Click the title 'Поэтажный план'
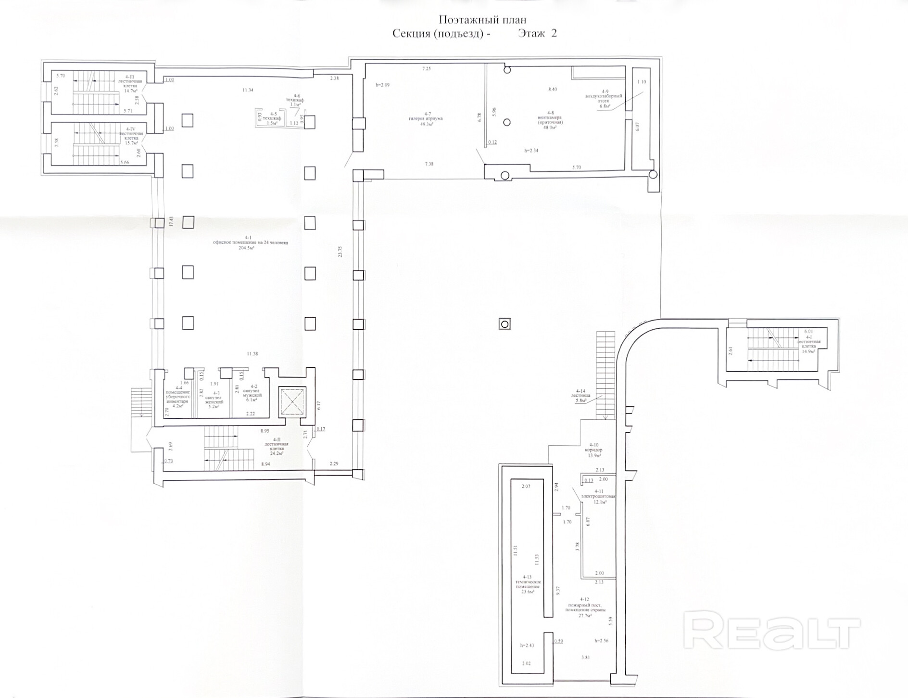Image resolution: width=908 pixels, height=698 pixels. point(482,20)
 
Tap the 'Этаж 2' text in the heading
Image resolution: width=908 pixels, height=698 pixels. point(537,33)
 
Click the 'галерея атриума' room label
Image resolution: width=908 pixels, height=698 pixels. point(425,118)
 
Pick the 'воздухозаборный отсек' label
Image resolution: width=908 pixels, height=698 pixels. point(604,98)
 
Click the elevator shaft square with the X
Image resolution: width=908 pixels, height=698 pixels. point(293,401)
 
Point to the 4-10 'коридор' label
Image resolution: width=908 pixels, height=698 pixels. point(592,450)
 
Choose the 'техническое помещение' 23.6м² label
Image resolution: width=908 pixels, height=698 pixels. point(527,584)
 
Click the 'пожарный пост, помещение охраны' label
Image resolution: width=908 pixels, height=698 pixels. point(584,607)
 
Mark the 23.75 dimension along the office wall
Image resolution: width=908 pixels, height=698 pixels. point(340,252)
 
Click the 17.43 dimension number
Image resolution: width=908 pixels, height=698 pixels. point(171,222)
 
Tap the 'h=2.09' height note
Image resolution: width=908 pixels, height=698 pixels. point(382,85)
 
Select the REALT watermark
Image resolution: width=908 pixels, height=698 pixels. point(771,631)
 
